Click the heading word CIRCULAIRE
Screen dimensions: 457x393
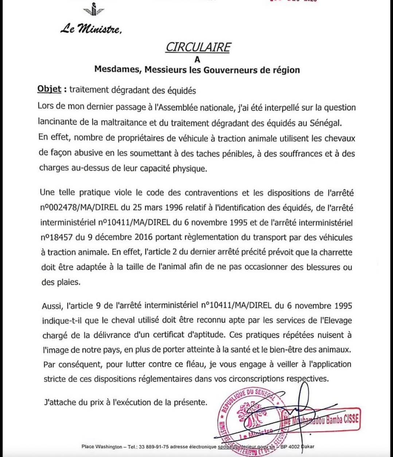pyautogui.click(x=198, y=47)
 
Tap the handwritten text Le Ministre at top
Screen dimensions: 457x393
pyautogui.click(x=90, y=30)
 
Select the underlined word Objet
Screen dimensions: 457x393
pyautogui.click(x=49, y=89)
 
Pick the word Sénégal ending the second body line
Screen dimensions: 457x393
pyautogui.click(x=327, y=123)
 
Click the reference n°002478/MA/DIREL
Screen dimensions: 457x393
pyautogui.click(x=79, y=208)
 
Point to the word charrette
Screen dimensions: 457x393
pyautogui.click(x=335, y=252)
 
